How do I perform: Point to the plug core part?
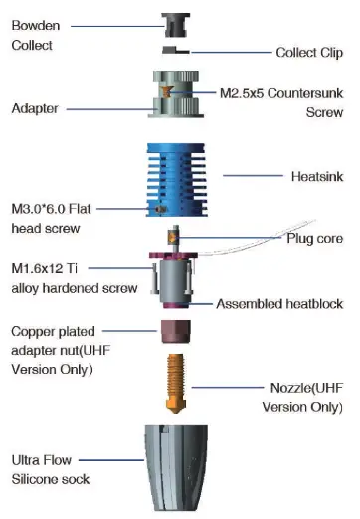click(x=174, y=240)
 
